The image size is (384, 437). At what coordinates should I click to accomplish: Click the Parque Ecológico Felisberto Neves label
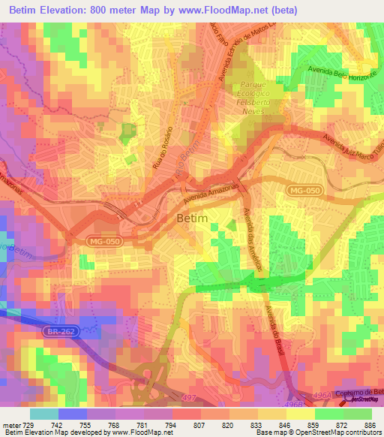(x=257, y=98)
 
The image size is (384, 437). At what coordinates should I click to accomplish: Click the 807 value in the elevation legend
(x=198, y=425)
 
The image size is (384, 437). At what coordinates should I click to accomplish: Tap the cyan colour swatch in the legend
(x=43, y=414)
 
